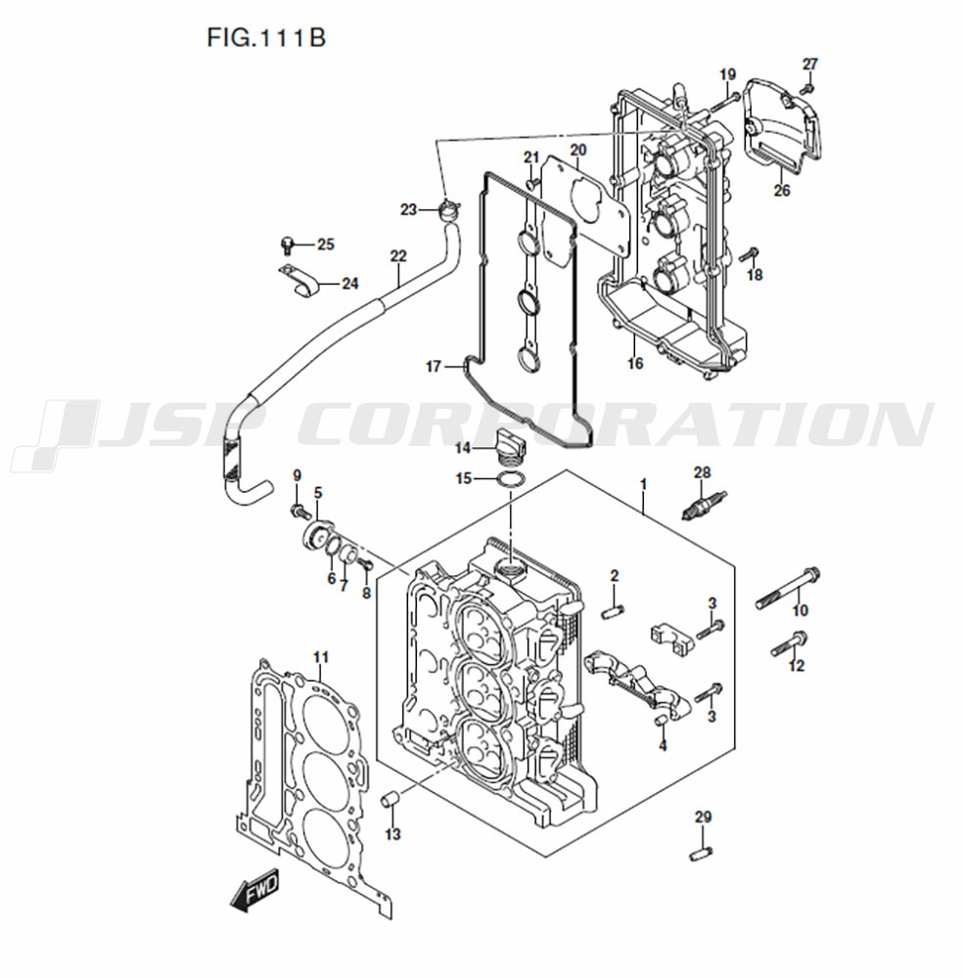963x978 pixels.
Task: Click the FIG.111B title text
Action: (x=265, y=38)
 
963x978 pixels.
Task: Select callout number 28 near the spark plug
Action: (x=702, y=472)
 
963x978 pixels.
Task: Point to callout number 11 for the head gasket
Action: (x=321, y=656)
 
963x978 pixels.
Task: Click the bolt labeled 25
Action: (x=288, y=243)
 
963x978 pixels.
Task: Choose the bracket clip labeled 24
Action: (x=301, y=284)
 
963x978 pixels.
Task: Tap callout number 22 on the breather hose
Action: (x=397, y=256)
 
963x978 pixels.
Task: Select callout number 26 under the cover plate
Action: (x=781, y=191)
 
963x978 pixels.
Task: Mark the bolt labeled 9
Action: (x=298, y=511)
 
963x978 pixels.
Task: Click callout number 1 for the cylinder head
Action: (x=642, y=484)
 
